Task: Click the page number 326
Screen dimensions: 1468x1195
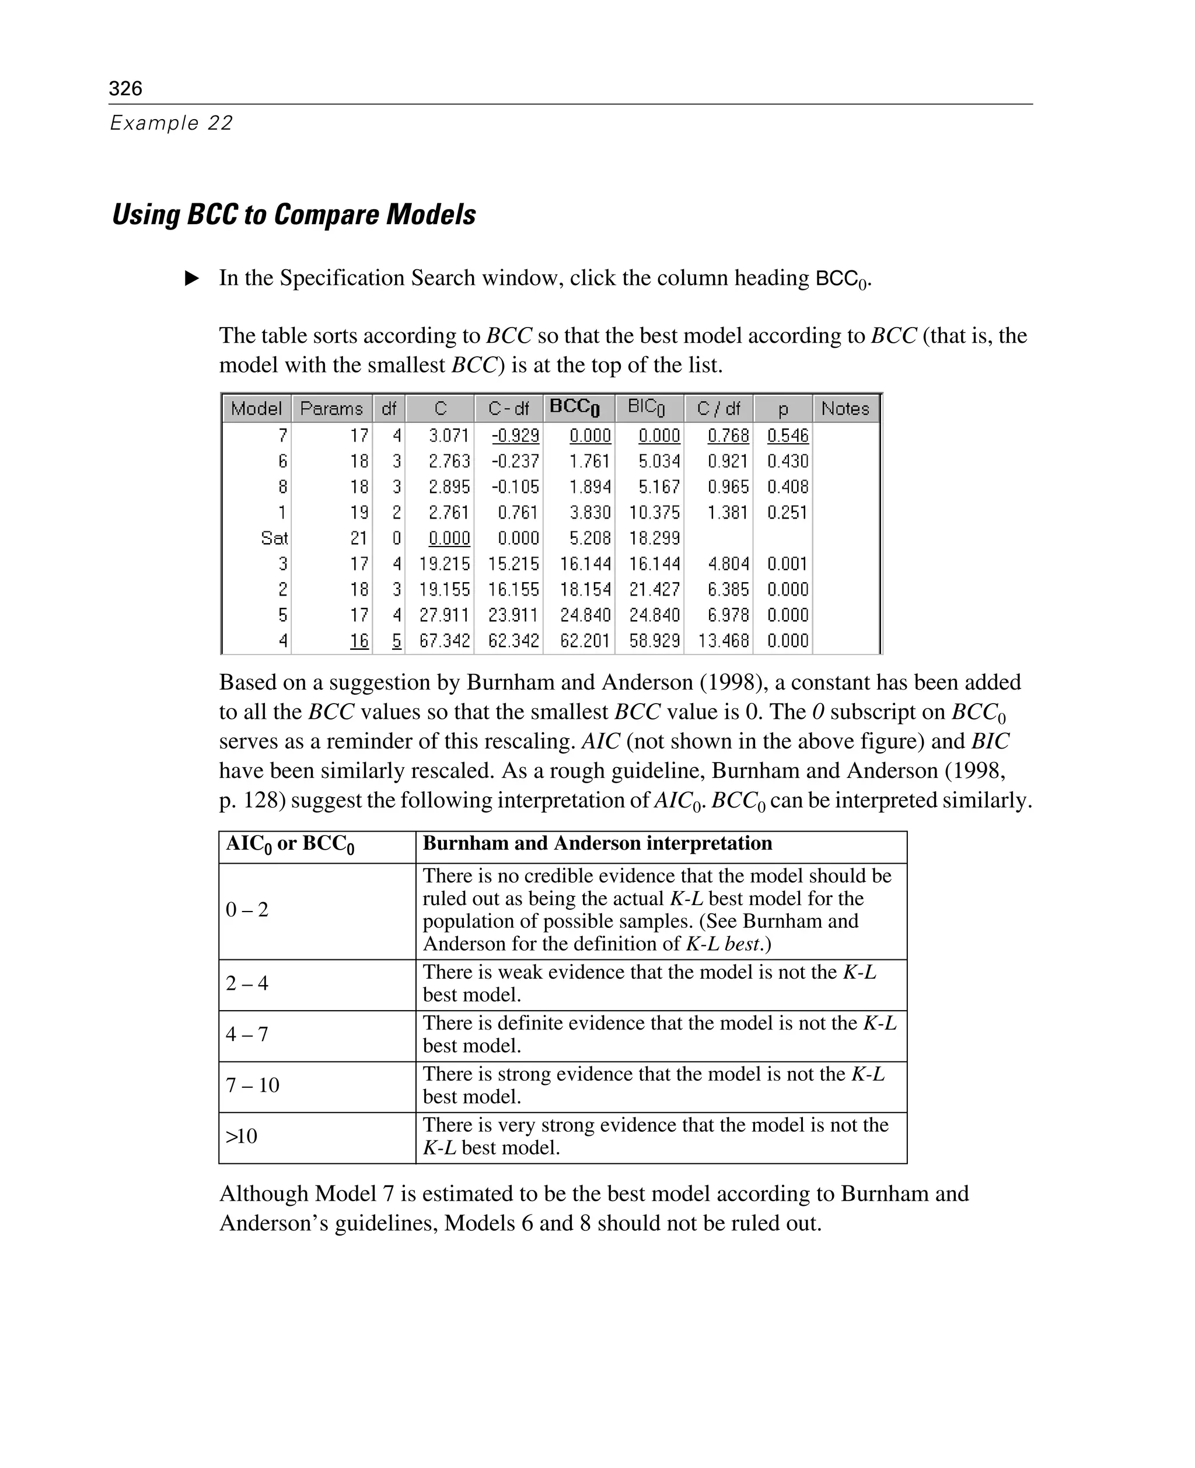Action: click(x=125, y=88)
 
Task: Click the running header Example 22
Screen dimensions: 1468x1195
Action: click(x=172, y=123)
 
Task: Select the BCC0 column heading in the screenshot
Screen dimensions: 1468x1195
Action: click(x=575, y=408)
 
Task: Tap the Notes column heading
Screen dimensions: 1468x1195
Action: click(x=845, y=409)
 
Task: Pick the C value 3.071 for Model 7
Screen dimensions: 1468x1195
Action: click(x=449, y=436)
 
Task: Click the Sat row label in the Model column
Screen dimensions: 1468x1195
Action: click(x=274, y=538)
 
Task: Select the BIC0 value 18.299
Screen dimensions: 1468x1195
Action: click(x=654, y=538)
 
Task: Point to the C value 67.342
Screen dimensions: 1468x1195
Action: click(x=445, y=641)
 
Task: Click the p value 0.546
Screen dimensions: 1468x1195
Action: click(x=788, y=436)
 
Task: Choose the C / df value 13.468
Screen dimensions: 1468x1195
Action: click(x=723, y=641)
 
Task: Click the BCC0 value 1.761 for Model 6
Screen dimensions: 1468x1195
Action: click(x=590, y=461)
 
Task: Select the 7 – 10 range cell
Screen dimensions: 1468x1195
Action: click(x=253, y=1086)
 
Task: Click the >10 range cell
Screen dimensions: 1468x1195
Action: click(x=242, y=1136)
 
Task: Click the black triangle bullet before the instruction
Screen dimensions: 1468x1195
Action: click(x=192, y=279)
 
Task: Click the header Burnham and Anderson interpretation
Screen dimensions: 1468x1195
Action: click(x=597, y=843)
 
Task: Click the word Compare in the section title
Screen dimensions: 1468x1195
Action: click(x=326, y=214)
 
